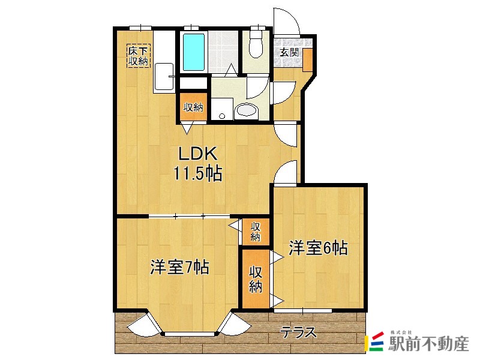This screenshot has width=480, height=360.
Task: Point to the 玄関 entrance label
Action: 289,52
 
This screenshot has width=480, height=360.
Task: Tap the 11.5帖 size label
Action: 198,174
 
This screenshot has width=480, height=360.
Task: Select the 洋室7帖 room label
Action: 179,267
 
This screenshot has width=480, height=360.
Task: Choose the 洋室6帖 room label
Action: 318,248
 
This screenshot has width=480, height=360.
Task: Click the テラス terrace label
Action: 298,332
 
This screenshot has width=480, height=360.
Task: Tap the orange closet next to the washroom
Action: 193,108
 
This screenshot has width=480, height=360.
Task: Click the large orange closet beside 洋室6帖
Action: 256,279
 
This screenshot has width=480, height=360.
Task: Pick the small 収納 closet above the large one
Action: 256,232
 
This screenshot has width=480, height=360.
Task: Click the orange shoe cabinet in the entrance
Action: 307,61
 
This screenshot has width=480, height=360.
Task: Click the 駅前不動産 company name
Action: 428,344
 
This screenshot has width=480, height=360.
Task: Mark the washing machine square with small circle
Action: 221,109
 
